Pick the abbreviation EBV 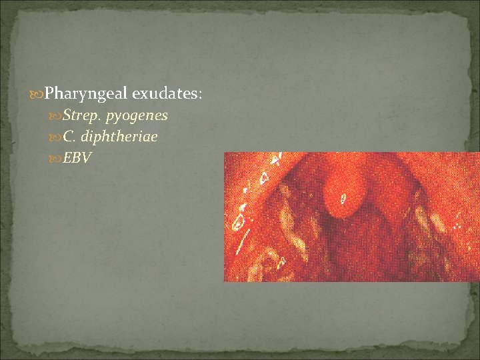(x=77, y=158)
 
